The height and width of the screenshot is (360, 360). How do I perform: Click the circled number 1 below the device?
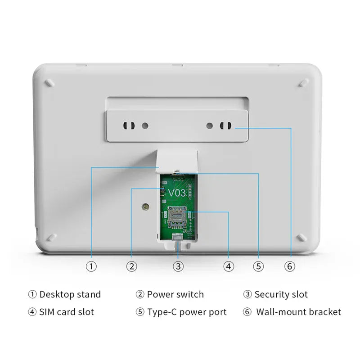click(x=91, y=266)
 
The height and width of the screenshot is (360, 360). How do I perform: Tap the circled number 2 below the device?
click(x=131, y=266)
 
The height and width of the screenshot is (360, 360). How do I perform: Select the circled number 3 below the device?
click(x=179, y=266)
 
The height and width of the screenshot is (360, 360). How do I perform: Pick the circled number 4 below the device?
click(x=229, y=266)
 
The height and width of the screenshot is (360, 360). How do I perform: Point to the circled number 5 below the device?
click(x=258, y=266)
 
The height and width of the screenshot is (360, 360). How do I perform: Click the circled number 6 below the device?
click(x=290, y=266)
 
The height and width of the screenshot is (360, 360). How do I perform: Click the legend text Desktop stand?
click(x=70, y=295)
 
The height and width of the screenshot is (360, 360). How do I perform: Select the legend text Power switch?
click(x=175, y=295)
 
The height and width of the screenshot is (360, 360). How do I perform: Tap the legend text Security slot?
click(x=281, y=295)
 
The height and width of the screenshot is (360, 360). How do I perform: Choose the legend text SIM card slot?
click(x=67, y=312)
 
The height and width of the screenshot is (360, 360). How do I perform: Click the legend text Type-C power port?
click(x=187, y=312)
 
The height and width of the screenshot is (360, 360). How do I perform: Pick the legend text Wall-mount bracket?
click(x=298, y=312)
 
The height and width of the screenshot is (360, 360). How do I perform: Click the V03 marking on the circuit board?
click(x=176, y=193)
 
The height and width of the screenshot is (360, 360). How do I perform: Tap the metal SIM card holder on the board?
click(x=178, y=216)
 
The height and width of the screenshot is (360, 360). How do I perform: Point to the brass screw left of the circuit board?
click(x=145, y=207)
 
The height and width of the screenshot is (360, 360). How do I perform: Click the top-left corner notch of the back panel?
click(x=49, y=83)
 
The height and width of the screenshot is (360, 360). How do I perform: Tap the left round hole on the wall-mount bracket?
click(x=144, y=126)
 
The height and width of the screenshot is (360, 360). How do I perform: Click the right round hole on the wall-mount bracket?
click(x=210, y=126)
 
